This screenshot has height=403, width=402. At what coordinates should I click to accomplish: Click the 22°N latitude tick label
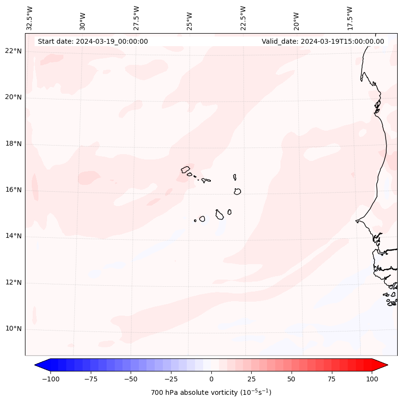[x=13, y=51]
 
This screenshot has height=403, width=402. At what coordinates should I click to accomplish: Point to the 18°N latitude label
[x=13, y=144]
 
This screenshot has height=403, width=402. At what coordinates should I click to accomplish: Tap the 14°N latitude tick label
[x=13, y=236]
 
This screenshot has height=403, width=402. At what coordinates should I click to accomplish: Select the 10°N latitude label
[x=13, y=329]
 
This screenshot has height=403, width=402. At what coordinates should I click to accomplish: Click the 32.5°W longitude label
[x=30, y=18]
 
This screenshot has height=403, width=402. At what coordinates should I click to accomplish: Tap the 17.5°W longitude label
[x=350, y=18]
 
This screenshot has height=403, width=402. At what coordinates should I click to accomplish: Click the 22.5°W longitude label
[x=243, y=18]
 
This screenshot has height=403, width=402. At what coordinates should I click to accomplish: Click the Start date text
[x=93, y=41]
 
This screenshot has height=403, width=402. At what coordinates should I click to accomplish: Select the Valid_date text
[x=323, y=41]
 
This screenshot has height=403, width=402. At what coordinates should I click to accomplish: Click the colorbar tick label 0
[x=211, y=379]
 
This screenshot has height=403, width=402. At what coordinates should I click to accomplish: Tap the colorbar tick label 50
[x=291, y=379]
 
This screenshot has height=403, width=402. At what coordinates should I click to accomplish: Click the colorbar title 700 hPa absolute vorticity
[x=211, y=392]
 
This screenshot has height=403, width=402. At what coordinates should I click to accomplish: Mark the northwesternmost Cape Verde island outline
[x=185, y=169]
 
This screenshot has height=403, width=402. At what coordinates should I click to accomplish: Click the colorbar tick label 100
[x=372, y=379]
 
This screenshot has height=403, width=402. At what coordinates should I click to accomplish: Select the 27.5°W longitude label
[x=136, y=18]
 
